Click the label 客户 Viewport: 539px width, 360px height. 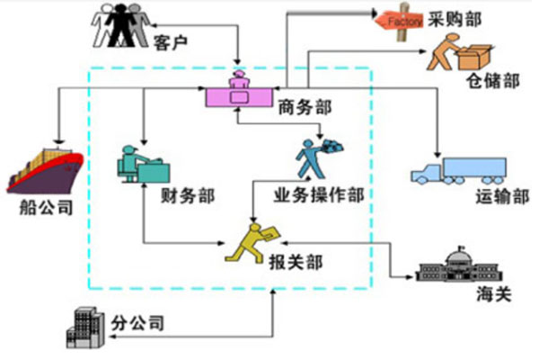[169, 41]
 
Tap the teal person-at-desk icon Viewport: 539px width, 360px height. [142, 163]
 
